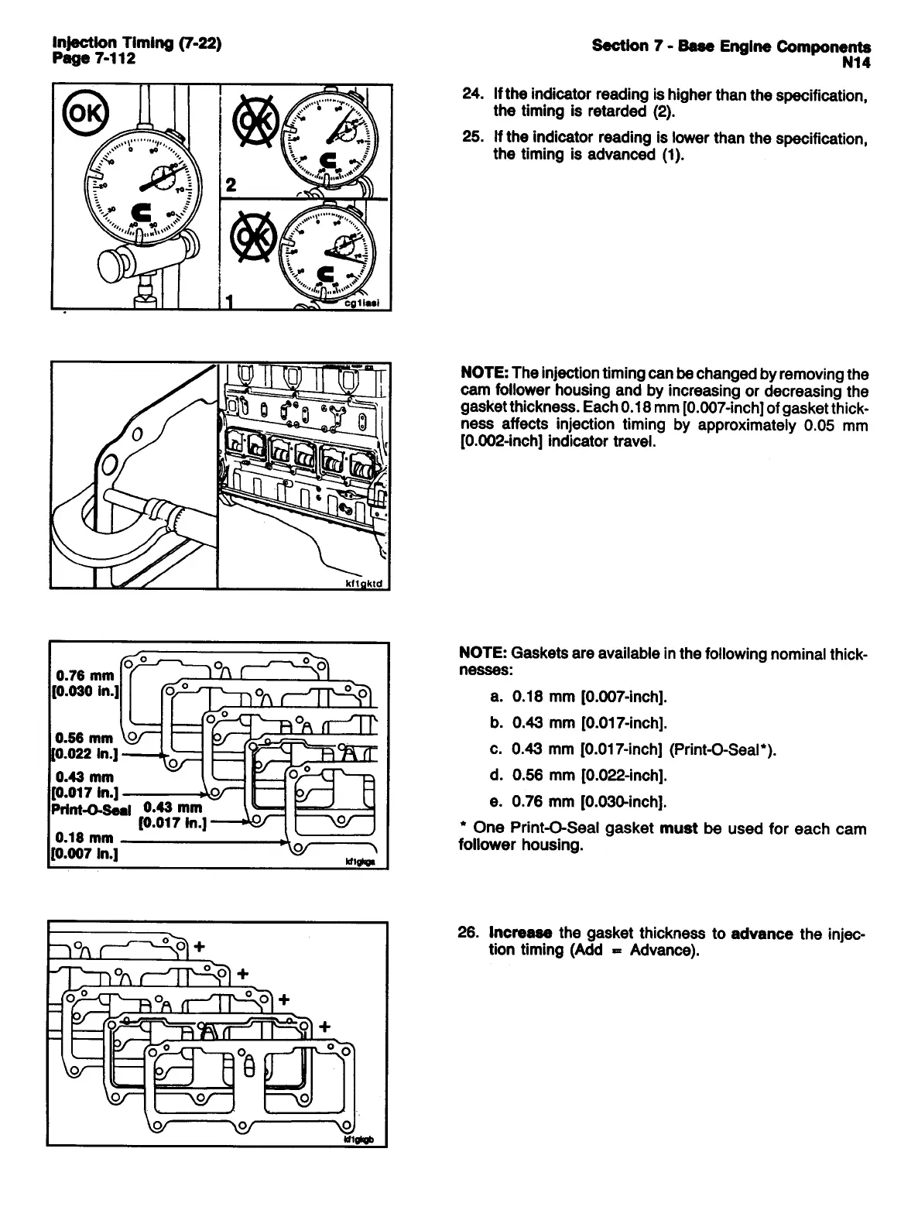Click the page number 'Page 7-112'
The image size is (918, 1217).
[x=94, y=59]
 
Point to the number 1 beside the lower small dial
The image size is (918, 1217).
[x=229, y=300]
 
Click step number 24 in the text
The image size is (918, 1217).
[x=472, y=94]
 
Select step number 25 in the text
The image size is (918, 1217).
[x=472, y=138]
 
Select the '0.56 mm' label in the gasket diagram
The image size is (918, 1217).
[x=84, y=738]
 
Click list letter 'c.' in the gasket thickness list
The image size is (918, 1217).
[x=498, y=749]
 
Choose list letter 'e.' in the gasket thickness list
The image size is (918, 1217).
[x=498, y=800]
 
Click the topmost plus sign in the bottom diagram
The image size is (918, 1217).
[x=200, y=945]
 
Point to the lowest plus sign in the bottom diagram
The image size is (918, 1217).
[x=324, y=1027]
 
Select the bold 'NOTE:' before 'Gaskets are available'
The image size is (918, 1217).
[x=483, y=653]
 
